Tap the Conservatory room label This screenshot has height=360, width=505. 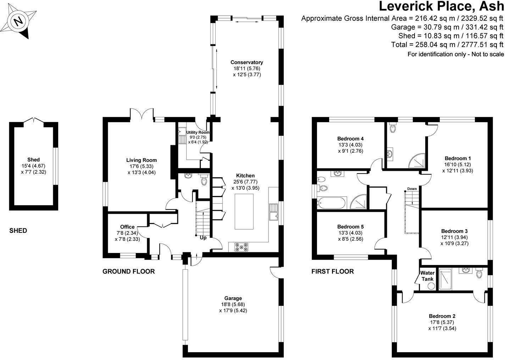coord(247,62)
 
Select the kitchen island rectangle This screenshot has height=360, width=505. coord(244,212)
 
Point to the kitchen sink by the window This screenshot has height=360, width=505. coord(273,212)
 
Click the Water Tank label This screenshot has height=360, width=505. coord(427,276)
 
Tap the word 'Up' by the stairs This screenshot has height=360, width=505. coord(204,238)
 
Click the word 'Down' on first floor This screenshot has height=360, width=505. coord(412,189)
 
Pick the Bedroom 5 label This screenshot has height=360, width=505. coord(350,227)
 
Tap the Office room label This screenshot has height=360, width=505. coord(127,227)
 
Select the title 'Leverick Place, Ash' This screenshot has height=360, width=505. coord(441,6)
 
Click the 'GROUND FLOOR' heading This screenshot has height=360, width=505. coord(128,271)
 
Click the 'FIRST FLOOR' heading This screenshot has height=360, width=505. coord(332,271)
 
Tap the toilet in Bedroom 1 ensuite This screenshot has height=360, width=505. coord(393,128)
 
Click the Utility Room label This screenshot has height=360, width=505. coord(198,132)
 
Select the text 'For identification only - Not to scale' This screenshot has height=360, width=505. coord(455,54)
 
